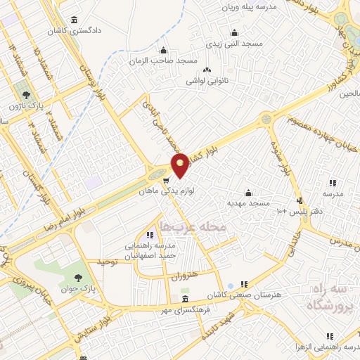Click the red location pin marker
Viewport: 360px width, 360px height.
pos(181,165)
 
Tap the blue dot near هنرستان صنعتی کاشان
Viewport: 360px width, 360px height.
pos(231,287)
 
